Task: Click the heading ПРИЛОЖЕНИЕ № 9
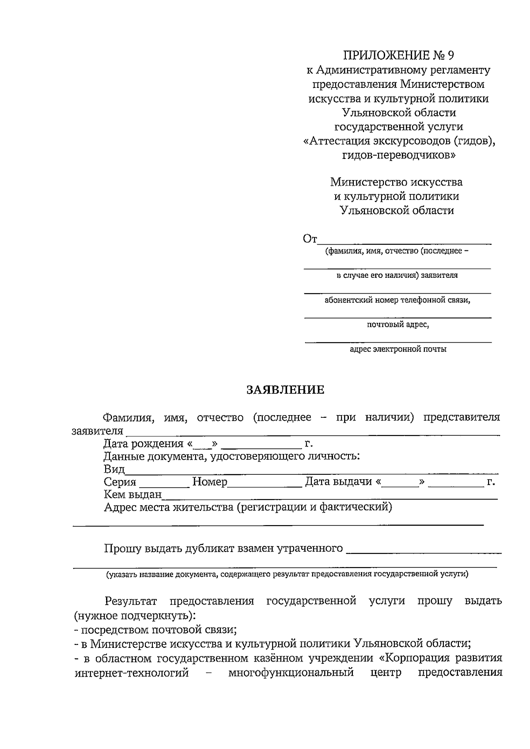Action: click(398, 56)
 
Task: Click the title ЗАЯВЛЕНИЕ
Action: click(285, 390)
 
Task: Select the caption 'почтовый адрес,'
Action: click(398, 325)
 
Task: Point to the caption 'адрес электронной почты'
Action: click(398, 349)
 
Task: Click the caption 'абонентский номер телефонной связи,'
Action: click(397, 300)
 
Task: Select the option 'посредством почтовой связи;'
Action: click(155, 629)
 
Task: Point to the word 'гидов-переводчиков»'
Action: click(398, 155)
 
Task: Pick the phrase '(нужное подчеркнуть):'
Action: click(135, 615)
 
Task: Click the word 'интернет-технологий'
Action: click(132, 673)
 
